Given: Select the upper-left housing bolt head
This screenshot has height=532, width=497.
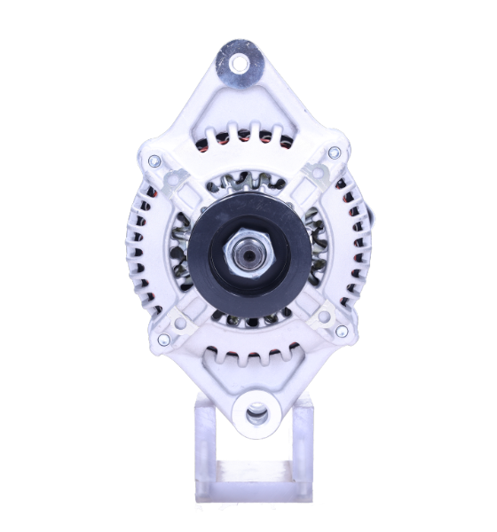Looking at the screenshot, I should tap(156, 161).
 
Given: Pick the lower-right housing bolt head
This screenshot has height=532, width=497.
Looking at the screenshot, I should tap(340, 332).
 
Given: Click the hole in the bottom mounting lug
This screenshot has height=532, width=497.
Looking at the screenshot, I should tap(256, 411).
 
